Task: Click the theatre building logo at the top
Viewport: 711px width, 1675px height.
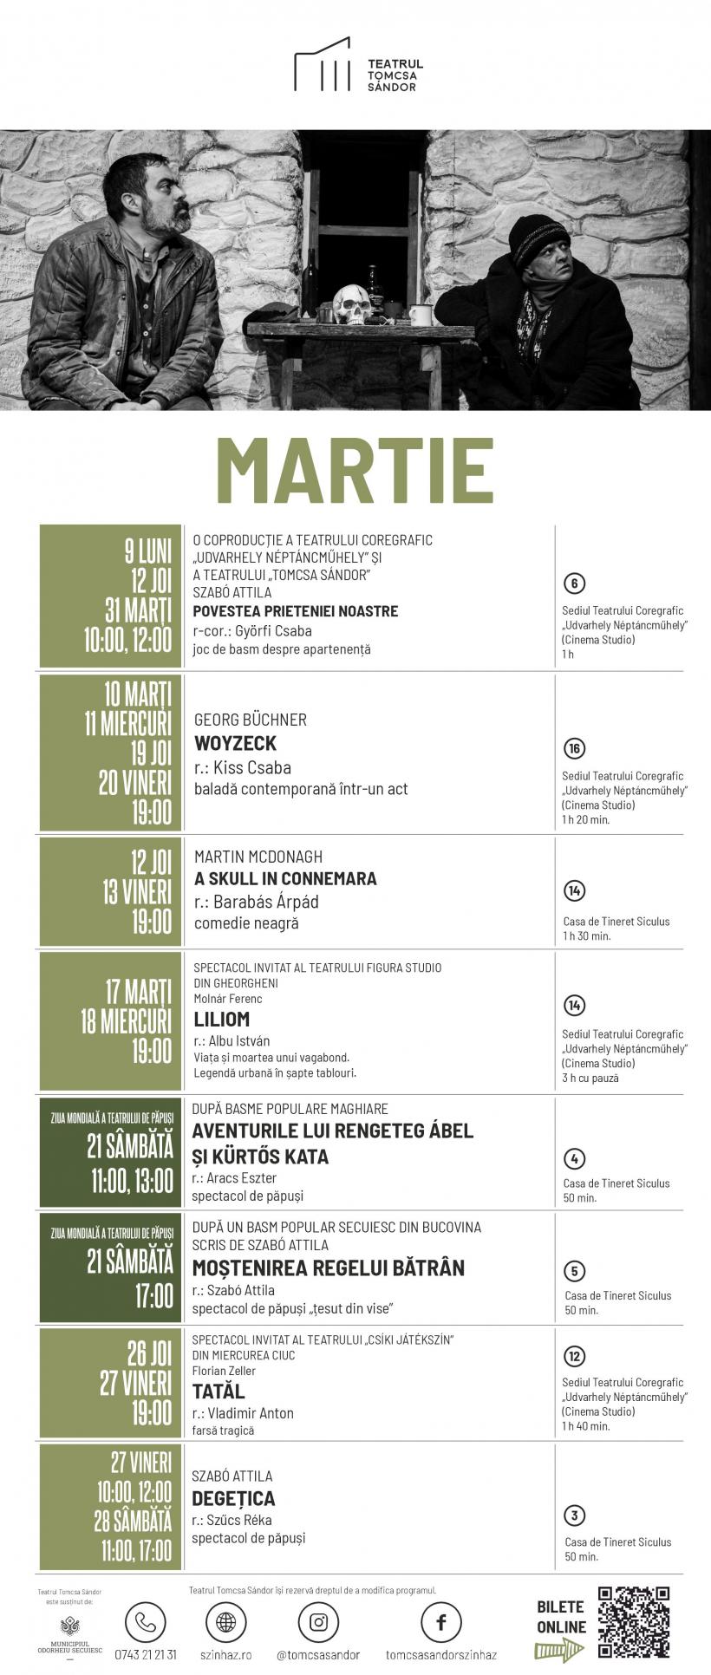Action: pos(323,64)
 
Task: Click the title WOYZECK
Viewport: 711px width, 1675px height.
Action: pos(235,743)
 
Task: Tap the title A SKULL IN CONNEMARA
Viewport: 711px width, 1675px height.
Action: pos(285,878)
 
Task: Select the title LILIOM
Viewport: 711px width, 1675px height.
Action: pos(221,1019)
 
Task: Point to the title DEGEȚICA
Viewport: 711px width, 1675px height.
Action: pos(233,1498)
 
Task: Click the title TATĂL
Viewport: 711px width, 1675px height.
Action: pos(219,1391)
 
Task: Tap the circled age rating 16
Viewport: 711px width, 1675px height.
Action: pos(574,748)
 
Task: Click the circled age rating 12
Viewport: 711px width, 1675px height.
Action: pos(574,1356)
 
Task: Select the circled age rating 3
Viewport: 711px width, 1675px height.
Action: pos(574,1515)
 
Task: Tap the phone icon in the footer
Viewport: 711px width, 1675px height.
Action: pos(145,1622)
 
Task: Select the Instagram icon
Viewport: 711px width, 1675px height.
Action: pos(318,1622)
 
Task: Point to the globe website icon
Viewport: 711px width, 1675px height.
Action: pos(225,1622)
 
